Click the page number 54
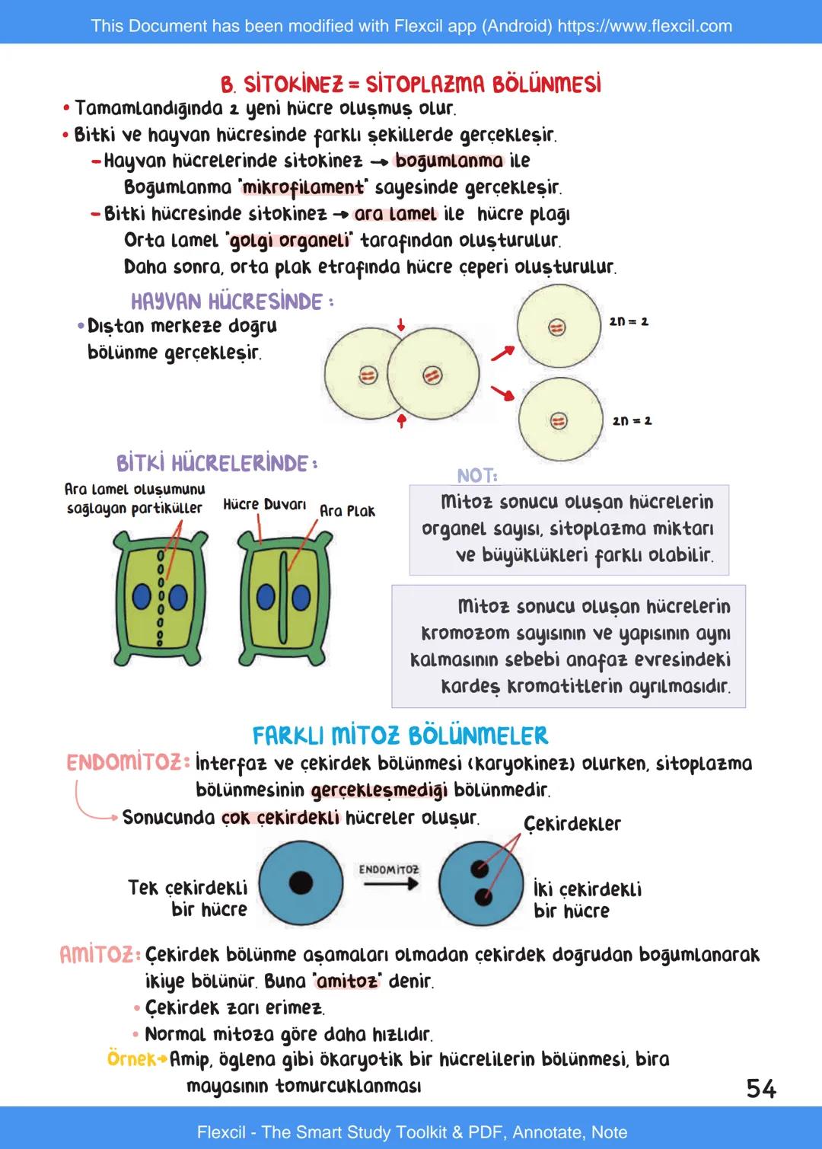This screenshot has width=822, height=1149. coord(760,1088)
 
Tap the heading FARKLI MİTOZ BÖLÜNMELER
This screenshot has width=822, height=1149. coord(400,736)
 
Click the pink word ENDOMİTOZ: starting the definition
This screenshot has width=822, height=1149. coord(127,763)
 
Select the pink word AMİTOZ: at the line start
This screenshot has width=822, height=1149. coord(100,954)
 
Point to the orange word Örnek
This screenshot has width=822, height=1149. coord(133,1059)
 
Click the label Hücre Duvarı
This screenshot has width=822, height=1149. coord(264,504)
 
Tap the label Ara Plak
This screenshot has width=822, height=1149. coord(347,511)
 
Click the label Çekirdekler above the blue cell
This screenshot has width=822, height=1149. coord(572,824)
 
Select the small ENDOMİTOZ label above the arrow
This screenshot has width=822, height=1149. coord(389,869)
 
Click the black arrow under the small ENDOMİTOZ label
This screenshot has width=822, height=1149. coord(390,884)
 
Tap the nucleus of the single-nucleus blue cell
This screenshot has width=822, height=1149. coord(301,882)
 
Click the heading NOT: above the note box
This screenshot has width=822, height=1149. coord(477,476)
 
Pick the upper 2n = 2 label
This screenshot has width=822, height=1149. coord(629,321)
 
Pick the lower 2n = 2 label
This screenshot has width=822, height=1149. coord(632,420)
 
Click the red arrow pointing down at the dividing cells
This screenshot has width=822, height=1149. coord(401,325)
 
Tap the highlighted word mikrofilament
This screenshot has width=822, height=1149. coord(303,187)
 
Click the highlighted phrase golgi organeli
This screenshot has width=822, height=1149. coord(290,241)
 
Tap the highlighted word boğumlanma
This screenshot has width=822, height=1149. coord(449,161)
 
